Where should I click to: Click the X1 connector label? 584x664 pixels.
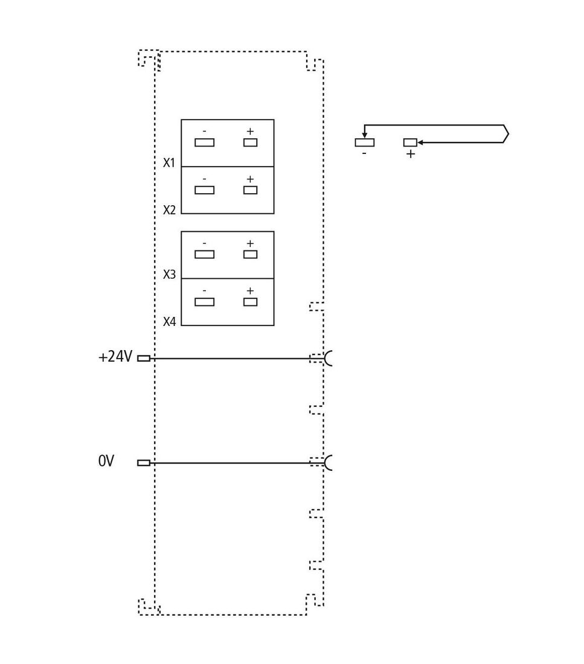169,162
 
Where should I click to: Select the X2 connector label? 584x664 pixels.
170,210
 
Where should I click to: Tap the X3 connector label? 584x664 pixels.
170,275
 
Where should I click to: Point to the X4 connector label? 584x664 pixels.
170,322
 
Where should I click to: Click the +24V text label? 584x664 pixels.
115,357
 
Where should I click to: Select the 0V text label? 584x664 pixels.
106,461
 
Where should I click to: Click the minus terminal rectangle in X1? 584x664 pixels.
204,142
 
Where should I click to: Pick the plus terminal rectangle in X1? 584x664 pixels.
250,142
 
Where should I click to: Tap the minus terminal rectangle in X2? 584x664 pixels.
204,190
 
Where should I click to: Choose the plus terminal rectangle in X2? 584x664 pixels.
250,190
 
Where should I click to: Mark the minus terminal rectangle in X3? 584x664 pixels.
204,255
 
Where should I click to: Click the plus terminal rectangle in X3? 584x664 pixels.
250,255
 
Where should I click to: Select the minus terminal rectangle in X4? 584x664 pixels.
204,302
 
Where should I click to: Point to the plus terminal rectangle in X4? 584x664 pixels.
250,302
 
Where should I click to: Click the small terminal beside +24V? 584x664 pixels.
144,358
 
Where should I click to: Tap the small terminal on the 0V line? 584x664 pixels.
144,463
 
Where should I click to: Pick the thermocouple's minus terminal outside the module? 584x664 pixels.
364,142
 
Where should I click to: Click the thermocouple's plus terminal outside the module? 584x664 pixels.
410,142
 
